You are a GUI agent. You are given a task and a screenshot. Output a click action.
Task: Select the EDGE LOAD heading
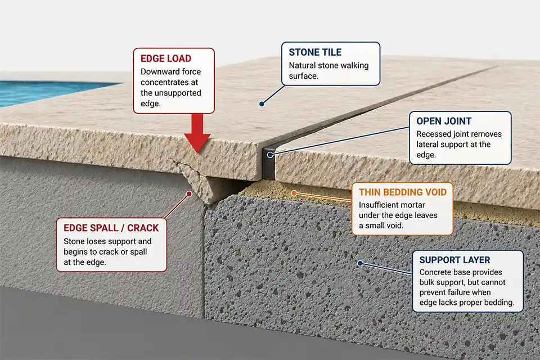(165, 58)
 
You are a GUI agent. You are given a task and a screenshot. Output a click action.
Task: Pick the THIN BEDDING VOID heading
(402, 192)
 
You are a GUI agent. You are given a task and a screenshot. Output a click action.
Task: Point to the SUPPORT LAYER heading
(455, 260)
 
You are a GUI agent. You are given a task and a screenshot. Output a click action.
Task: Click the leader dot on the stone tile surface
(262, 103)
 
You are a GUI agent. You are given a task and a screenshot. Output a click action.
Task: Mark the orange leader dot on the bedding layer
(293, 193)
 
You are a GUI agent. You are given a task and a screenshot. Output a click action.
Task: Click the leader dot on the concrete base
(361, 263)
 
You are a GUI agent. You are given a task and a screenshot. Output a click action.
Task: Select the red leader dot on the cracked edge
(190, 193)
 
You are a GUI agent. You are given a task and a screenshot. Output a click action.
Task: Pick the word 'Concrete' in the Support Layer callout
(437, 273)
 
